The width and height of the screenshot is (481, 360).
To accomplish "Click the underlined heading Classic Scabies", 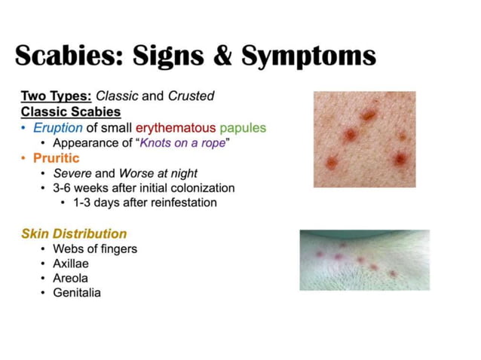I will (71, 111).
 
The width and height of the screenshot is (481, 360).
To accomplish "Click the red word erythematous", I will (176, 127).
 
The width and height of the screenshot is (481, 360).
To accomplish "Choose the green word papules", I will (243, 127).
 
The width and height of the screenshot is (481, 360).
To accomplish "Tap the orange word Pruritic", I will (55, 158).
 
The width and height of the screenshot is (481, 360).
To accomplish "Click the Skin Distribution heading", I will (74, 233).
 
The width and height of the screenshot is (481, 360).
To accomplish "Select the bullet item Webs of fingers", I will (95, 249).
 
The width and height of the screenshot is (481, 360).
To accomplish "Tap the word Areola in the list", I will (71, 278).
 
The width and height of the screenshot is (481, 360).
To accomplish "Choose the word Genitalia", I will (77, 292).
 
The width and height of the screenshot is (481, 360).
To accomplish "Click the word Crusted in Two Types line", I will (193, 96).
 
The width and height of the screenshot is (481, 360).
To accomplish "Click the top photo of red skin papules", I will (364, 139).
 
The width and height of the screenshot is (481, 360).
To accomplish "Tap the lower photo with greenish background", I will (364, 260).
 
